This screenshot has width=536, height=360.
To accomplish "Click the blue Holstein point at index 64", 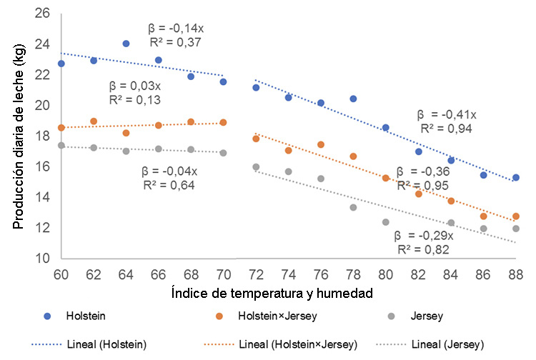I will tap(126, 44).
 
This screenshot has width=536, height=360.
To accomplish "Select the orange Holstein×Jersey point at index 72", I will tap(256, 139).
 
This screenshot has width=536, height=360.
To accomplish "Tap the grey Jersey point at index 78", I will tap(353, 207).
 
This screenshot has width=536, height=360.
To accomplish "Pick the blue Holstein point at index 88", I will tap(515, 177).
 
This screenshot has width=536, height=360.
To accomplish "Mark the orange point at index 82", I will tap(418, 194).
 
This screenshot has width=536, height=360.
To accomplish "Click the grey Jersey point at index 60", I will tap(61, 146).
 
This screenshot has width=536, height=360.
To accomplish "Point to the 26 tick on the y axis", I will tap(44, 14).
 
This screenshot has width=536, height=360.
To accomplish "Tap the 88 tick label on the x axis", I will tap(515, 272).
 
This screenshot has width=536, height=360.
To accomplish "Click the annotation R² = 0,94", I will tap(446, 129).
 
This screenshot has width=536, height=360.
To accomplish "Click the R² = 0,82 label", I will tap(422, 249).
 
